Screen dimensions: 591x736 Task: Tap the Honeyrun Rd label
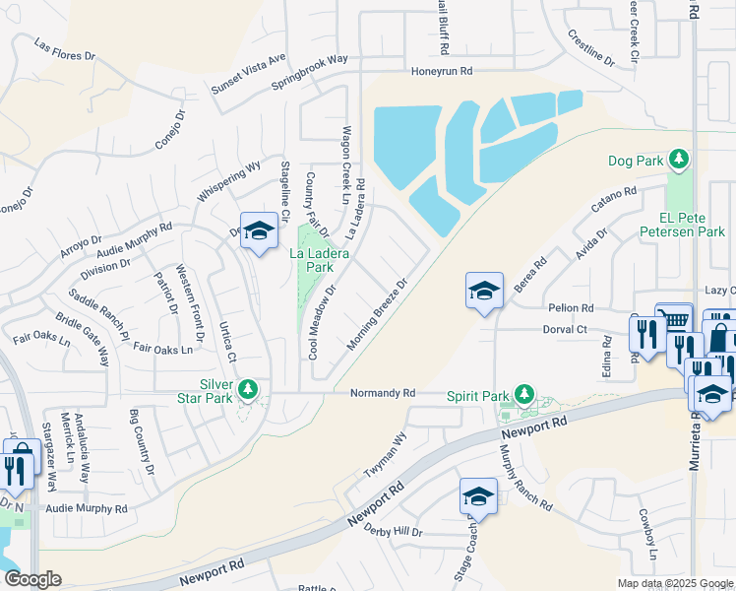tap(442, 71)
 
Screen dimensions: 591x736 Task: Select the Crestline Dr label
tap(590, 48)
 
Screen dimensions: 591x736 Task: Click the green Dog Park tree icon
tap(678, 159)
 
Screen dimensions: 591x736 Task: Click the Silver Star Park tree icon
tap(248, 391)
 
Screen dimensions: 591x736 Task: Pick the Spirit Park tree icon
tap(524, 395)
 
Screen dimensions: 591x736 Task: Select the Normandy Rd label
tap(383, 393)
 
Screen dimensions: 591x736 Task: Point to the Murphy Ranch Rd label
tap(525, 476)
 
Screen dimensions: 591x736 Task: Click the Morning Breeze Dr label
tap(377, 314)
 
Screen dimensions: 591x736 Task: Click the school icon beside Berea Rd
tap(484, 290)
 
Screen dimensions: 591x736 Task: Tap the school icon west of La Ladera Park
tap(258, 230)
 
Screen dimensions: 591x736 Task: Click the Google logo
tap(31, 579)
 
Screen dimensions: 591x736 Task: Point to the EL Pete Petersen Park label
tap(680, 226)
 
